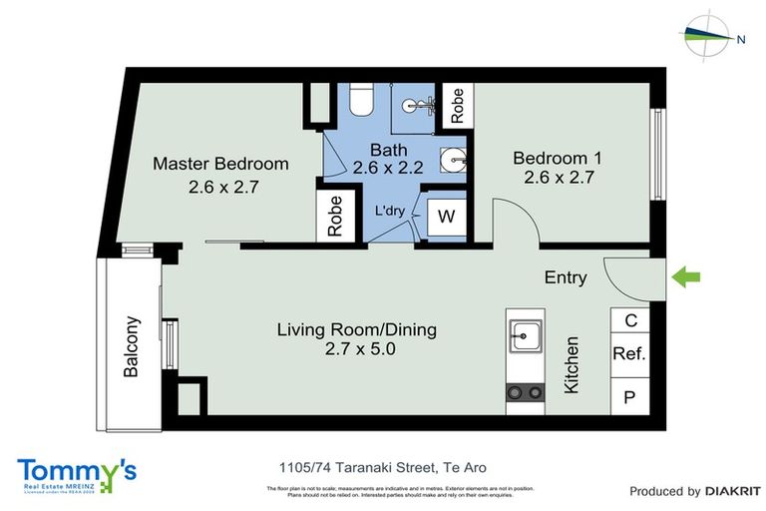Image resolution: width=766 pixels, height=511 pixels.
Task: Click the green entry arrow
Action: [688, 276]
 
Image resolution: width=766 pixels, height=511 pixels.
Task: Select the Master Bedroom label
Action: [220, 164]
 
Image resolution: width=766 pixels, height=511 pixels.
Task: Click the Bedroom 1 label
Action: [558, 158]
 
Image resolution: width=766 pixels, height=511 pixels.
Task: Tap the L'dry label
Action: [390, 212]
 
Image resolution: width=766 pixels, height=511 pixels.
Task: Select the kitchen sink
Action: [525, 333]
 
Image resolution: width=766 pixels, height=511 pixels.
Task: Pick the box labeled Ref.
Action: [628, 353]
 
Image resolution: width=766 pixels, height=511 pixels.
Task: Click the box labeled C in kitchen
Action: [629, 320]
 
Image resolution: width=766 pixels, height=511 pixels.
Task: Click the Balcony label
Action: [131, 346]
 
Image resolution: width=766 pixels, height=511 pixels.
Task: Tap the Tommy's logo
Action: [77, 473]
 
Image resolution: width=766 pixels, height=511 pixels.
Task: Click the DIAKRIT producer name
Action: [732, 491]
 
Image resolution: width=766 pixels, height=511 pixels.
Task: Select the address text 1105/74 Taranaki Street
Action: [382, 467]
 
